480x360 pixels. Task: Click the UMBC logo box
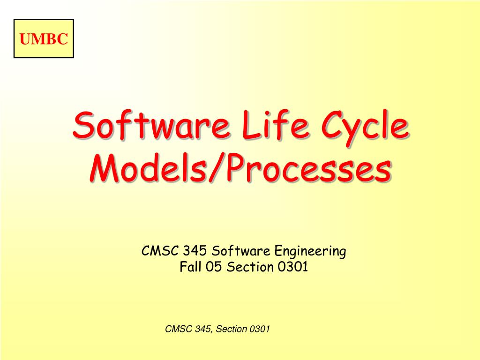pyautogui.click(x=44, y=38)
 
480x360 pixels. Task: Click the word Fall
pyautogui.click(x=190, y=267)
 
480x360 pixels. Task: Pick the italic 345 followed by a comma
pyautogui.click(x=202, y=329)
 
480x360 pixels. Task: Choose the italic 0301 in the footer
pyautogui.click(x=260, y=329)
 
